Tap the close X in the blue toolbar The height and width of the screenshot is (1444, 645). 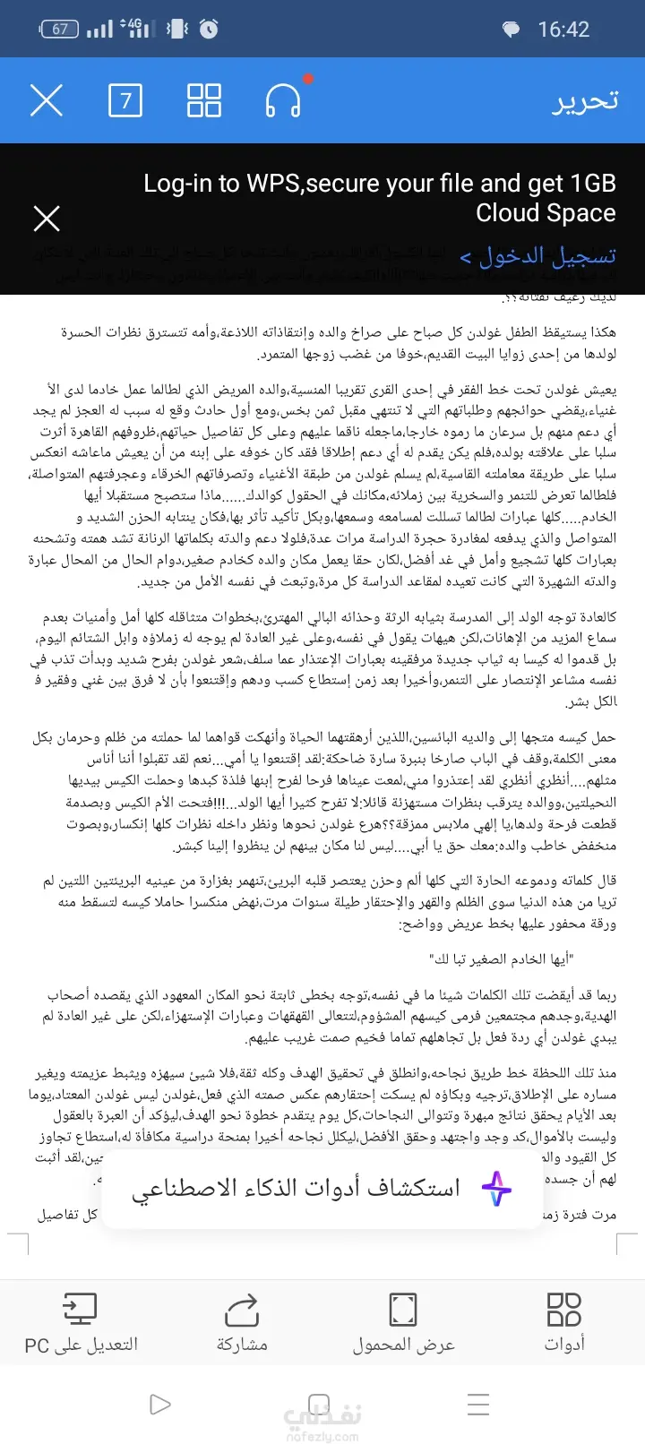tap(47, 100)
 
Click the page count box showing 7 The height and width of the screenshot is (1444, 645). tap(125, 100)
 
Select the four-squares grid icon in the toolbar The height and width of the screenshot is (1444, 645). tap(204, 100)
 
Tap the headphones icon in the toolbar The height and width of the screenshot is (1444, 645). tap(283, 100)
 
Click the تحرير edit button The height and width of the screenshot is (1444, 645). tap(585, 100)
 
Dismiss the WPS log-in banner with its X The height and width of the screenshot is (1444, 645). tap(47, 219)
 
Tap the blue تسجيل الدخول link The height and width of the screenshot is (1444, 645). tap(538, 257)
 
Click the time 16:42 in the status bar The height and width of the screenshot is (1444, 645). tap(563, 30)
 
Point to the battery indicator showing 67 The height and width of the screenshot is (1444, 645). tap(59, 30)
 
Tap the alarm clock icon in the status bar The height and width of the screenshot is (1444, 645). tap(209, 30)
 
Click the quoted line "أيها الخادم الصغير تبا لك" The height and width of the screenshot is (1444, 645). tap(502, 959)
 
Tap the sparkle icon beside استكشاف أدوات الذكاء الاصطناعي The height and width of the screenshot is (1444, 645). tap(496, 1189)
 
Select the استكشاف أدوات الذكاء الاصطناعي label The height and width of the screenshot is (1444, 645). tap(296, 1189)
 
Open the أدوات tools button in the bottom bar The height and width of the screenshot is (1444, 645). tap(564, 1321)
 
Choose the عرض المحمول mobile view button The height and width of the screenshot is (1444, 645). tap(403, 1321)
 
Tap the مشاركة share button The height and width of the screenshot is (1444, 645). tap(242, 1321)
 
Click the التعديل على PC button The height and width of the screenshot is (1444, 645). tap(81, 1321)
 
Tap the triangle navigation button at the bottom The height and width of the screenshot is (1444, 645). tap(160, 1404)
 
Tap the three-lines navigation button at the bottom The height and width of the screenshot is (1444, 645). tap(478, 1404)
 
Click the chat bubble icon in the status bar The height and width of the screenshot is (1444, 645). tap(511, 30)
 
